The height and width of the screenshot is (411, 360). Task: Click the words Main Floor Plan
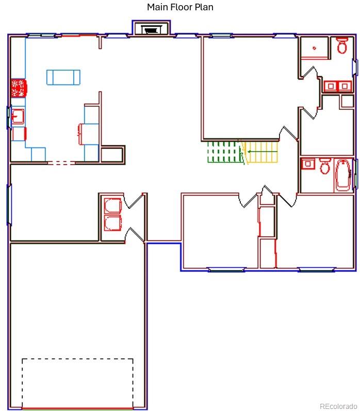click(180, 7)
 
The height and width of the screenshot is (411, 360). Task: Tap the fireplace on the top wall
click(151, 29)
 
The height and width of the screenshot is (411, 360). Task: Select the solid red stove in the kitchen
click(19, 88)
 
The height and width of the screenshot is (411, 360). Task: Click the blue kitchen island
click(63, 77)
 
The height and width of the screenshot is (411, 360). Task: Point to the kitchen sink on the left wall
click(18, 117)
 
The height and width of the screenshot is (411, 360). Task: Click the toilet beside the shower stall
click(342, 46)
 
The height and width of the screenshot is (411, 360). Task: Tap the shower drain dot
click(314, 48)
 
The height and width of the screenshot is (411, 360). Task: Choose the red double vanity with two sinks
click(337, 86)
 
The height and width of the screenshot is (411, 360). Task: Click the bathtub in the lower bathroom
click(343, 175)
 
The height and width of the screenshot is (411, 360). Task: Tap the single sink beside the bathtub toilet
click(308, 164)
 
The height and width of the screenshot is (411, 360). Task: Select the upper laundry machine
click(112, 206)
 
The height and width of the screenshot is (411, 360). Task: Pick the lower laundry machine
click(112, 224)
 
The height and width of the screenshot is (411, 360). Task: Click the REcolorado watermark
click(338, 405)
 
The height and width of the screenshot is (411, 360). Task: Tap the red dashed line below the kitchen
click(61, 163)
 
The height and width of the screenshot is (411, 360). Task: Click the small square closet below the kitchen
click(112, 155)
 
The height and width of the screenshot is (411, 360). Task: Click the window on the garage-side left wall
click(9, 205)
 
